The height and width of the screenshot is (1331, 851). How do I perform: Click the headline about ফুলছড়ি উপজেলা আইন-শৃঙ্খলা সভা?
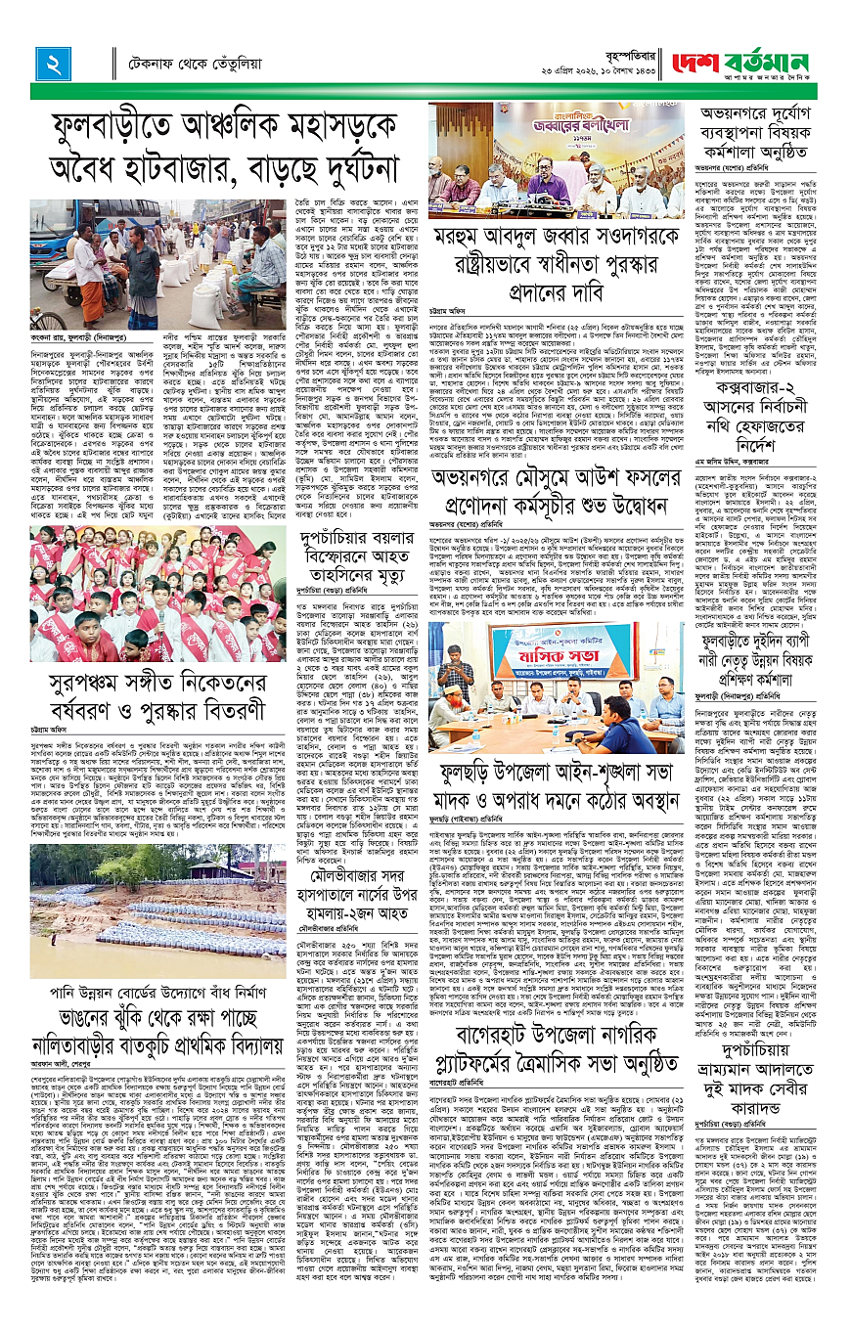click(x=556, y=774)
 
